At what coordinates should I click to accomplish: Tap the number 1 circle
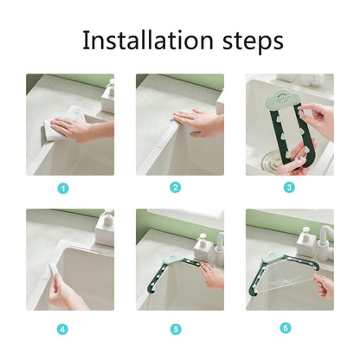click(62, 188)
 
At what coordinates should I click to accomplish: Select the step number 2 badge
click(176, 187)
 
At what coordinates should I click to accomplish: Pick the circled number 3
click(289, 187)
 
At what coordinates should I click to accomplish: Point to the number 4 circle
click(62, 329)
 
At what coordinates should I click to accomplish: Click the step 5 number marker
click(176, 329)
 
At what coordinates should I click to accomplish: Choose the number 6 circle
click(286, 329)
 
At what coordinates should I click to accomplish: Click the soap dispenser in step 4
click(105, 228)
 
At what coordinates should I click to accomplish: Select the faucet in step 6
click(325, 238)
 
